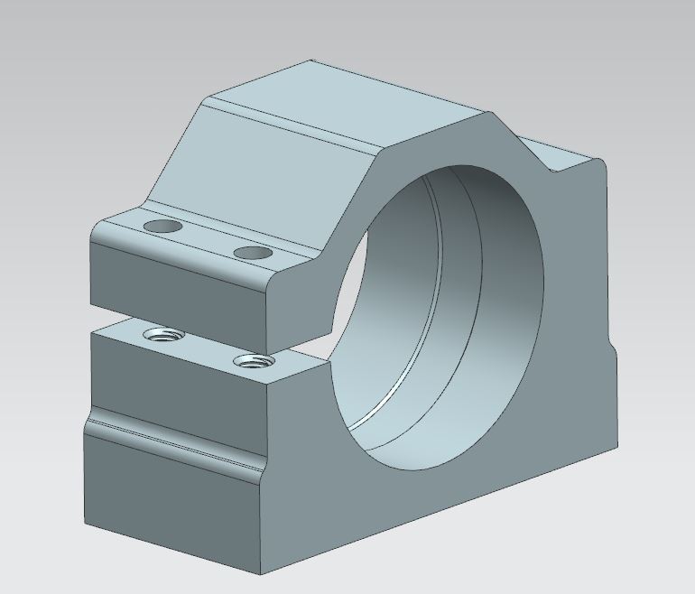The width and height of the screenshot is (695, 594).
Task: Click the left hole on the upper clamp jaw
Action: tap(163, 225)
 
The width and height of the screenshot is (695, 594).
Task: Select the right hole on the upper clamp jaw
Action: tap(252, 253)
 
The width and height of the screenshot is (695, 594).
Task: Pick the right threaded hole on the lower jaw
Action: tap(253, 362)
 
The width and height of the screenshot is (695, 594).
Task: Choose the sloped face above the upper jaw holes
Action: tap(262, 172)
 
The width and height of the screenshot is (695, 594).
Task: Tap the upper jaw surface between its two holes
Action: tap(208, 239)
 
